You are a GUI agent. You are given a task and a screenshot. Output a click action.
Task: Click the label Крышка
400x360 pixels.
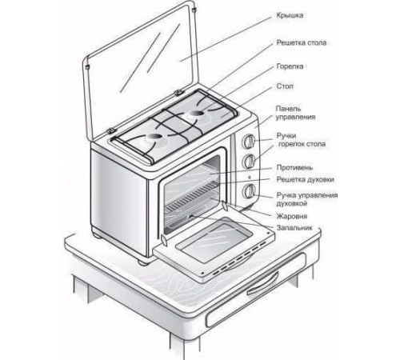290,15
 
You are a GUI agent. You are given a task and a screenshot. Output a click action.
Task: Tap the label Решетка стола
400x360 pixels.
302,42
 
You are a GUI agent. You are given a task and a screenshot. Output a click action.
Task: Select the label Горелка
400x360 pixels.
290,66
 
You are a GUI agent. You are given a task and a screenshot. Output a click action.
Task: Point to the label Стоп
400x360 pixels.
285,86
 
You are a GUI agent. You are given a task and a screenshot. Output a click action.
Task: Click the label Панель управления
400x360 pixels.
295,113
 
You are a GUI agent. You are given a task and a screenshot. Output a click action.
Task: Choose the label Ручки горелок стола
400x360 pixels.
301,140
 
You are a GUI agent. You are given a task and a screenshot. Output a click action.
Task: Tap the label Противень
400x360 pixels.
294,168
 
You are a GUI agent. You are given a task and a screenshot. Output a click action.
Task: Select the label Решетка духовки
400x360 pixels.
305,179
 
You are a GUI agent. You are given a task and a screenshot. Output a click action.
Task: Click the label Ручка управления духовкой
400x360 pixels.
307,199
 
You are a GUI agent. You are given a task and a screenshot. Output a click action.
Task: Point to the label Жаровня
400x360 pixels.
292,216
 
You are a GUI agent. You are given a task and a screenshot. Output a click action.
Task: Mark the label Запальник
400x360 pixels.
294,228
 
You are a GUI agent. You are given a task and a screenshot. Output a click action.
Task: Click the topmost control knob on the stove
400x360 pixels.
249,142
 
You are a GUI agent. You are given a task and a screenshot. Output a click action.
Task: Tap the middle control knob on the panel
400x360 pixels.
249,161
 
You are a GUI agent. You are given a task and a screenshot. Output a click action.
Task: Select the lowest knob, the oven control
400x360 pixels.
249,191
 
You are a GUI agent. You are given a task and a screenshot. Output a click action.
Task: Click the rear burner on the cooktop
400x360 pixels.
196,114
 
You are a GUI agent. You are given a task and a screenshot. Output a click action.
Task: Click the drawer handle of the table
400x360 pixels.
262,284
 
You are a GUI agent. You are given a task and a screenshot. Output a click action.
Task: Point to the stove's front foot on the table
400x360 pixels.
144,262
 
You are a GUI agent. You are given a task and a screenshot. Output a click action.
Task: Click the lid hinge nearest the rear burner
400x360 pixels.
178,93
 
